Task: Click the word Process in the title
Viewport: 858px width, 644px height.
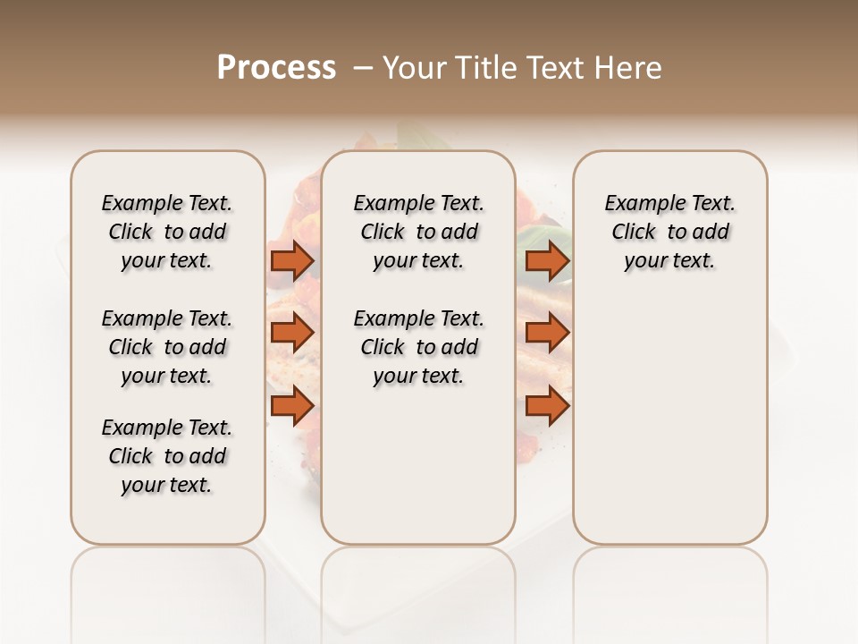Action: click(276, 67)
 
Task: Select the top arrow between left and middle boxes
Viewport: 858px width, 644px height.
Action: click(292, 261)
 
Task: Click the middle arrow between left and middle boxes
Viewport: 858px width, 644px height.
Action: click(292, 334)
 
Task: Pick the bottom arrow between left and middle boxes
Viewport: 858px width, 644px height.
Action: click(292, 406)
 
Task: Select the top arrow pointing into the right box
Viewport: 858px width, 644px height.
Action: click(547, 261)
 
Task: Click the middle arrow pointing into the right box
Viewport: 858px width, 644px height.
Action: click(547, 334)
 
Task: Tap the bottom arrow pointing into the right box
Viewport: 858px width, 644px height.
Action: click(547, 406)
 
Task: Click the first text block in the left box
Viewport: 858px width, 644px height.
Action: click(167, 232)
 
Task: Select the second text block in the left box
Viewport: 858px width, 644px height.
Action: click(167, 347)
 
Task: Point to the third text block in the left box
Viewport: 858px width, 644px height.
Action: click(167, 456)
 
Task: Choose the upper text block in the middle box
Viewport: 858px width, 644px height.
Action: click(418, 232)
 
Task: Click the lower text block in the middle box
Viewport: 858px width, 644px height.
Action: click(418, 347)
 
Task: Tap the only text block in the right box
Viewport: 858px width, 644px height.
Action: click(669, 232)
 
